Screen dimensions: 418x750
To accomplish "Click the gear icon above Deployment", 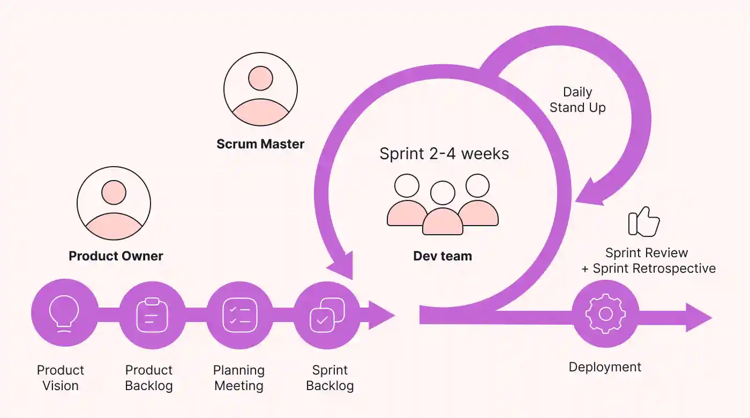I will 605,313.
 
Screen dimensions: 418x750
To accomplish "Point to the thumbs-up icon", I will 643,221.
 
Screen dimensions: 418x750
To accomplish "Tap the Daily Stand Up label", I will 577,100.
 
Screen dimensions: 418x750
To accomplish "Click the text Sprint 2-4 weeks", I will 444,154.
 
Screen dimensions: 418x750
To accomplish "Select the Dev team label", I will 442,256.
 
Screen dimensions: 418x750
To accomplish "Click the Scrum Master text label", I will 260,144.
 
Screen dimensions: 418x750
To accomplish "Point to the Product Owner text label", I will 116,256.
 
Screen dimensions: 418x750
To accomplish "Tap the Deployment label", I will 605,367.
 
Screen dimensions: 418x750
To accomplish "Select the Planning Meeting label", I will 239,378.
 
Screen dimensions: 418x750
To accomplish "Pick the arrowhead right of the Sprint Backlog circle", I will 381,315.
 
